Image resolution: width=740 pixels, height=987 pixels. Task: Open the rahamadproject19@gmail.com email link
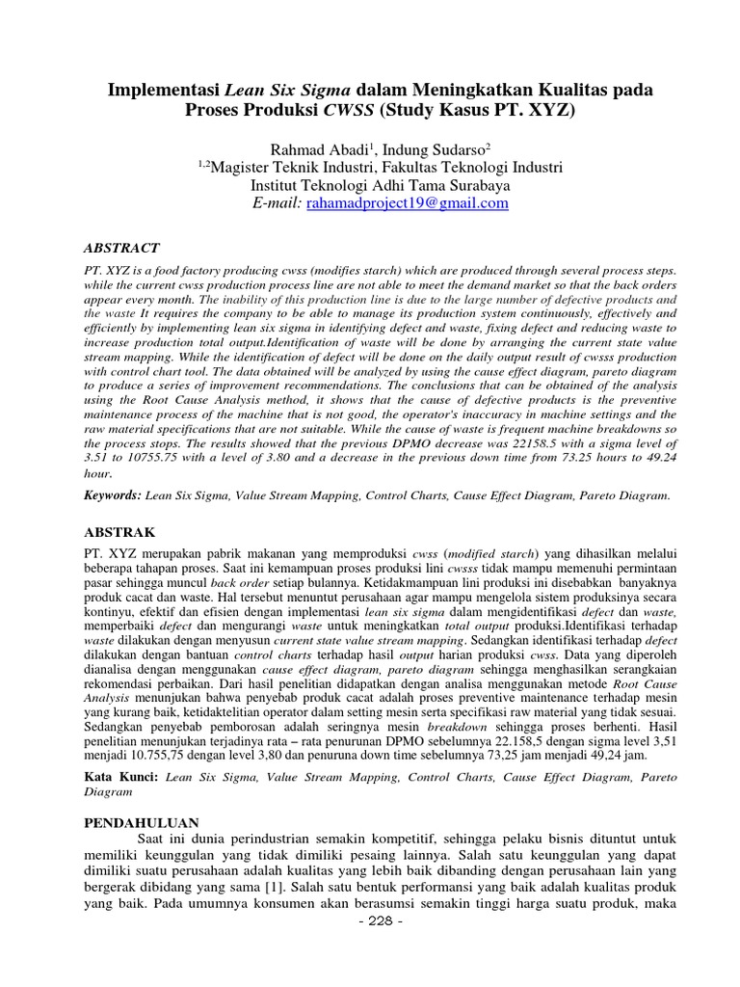(x=408, y=203)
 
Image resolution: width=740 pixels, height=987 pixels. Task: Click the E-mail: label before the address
(x=275, y=203)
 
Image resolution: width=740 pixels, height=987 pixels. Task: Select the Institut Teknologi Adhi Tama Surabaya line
(x=370, y=185)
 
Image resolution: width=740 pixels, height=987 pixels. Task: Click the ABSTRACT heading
(x=121, y=248)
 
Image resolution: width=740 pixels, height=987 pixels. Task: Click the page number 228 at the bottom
(x=371, y=920)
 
